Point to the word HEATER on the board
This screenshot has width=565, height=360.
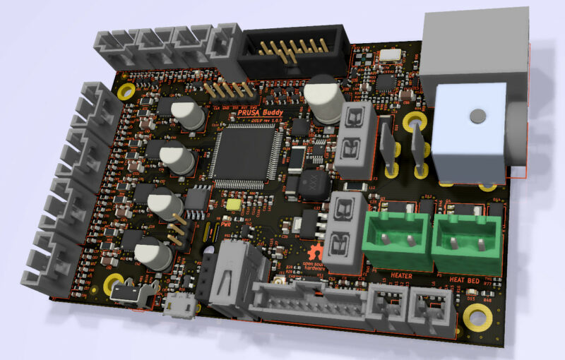[x=401, y=275]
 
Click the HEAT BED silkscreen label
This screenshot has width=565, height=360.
[x=465, y=280]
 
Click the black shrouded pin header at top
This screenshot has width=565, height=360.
[x=293, y=51]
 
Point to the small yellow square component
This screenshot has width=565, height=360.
[x=234, y=204]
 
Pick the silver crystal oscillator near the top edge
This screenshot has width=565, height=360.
[x=390, y=54]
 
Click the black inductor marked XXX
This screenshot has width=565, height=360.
[x=308, y=185]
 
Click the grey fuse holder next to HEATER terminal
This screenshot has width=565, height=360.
[x=345, y=233]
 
